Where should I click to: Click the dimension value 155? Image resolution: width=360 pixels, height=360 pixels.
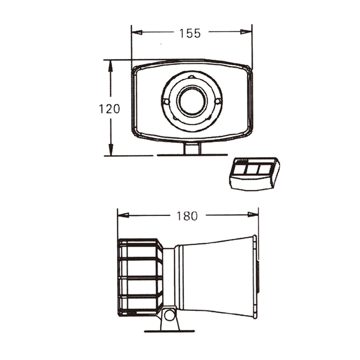(190, 33)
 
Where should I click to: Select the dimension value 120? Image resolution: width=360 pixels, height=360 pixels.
(109, 108)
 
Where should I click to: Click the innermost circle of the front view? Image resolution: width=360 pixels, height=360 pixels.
(192, 101)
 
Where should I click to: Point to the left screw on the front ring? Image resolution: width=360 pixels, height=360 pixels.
(166, 102)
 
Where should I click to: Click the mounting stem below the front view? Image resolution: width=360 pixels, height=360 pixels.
(192, 148)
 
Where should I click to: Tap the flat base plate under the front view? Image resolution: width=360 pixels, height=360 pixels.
(192, 155)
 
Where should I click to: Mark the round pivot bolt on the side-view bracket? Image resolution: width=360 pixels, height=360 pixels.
(169, 315)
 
